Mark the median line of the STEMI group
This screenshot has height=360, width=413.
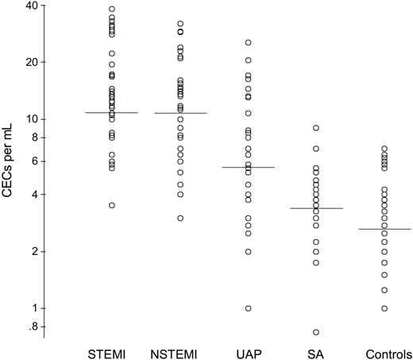click(x=112, y=113)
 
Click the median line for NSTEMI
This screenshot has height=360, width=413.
click(x=179, y=113)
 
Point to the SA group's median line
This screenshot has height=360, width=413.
click(x=316, y=208)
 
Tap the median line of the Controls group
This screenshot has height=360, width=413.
click(x=384, y=229)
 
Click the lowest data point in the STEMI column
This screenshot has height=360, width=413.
click(x=112, y=205)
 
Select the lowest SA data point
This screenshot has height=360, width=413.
click(x=316, y=332)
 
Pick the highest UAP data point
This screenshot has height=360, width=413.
click(x=248, y=42)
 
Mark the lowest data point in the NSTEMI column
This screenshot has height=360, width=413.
click(x=179, y=218)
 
